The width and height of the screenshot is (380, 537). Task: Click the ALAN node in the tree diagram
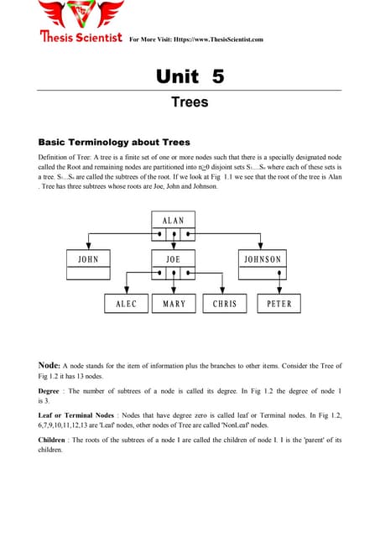pyautogui.click(x=173, y=220)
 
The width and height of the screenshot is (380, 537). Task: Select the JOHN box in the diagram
pyautogui.click(x=88, y=259)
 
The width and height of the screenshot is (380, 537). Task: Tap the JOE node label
pyautogui.click(x=173, y=259)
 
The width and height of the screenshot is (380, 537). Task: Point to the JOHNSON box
pyautogui.click(x=263, y=259)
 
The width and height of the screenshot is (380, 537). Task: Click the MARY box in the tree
pyautogui.click(x=174, y=304)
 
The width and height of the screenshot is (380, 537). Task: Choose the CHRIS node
pyautogui.click(x=225, y=304)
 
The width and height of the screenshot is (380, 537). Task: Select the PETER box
pyautogui.click(x=278, y=304)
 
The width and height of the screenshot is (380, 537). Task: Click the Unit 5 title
pyautogui.click(x=190, y=77)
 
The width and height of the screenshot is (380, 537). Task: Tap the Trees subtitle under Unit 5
pyautogui.click(x=190, y=103)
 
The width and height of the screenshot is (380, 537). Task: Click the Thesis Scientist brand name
pyautogui.click(x=80, y=37)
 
